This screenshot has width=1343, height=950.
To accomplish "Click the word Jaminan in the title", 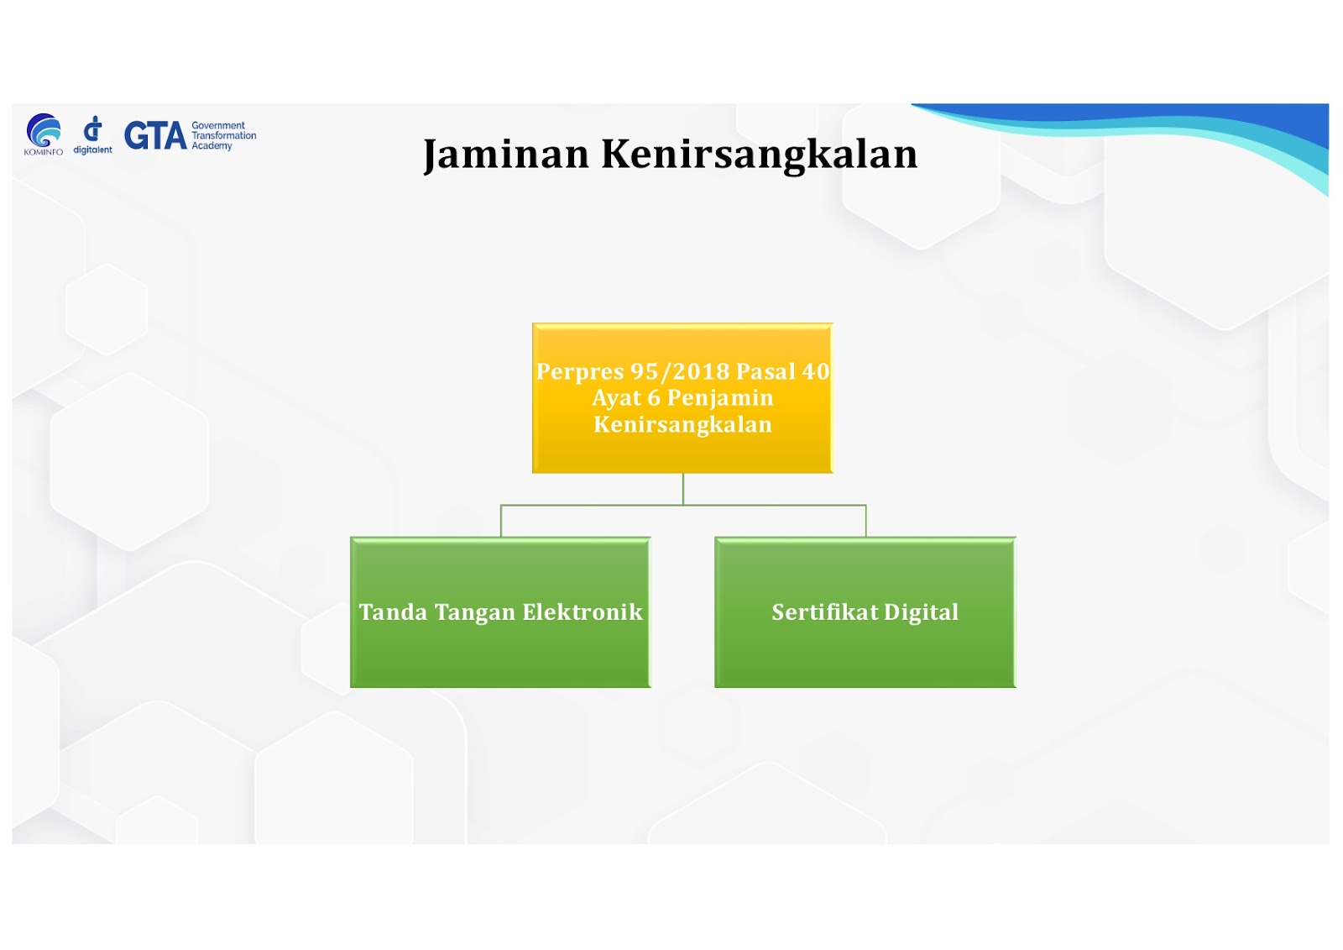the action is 506,155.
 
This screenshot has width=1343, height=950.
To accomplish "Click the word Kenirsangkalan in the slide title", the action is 759,155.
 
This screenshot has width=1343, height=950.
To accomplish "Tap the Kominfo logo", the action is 43,134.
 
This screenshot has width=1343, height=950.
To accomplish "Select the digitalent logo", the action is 92,135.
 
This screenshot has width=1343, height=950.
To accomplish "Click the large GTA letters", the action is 155,135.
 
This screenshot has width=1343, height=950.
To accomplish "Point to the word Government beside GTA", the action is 218,125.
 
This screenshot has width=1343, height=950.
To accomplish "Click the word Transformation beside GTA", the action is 223,135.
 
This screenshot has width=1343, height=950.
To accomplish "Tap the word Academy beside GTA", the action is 212,146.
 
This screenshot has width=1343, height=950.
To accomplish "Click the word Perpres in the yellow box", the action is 580,372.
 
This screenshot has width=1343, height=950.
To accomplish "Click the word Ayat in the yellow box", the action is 616,398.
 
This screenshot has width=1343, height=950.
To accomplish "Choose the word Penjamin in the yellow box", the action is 720,398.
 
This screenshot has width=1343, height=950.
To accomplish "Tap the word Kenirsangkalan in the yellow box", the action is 682,424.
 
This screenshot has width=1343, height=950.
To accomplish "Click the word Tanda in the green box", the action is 393,612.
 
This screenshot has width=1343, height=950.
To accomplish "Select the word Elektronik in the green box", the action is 583,612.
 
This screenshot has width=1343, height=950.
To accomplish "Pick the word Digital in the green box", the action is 921,613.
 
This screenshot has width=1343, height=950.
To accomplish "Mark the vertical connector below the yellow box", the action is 683,489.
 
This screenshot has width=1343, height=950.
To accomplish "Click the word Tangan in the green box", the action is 475,613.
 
